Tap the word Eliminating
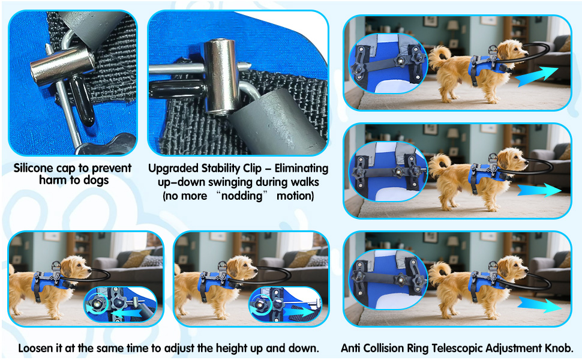301,169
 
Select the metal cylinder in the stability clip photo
221,76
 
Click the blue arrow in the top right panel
537,76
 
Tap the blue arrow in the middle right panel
539,190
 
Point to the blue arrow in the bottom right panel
539,305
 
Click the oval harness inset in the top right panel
388,63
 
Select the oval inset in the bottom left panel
120,304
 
